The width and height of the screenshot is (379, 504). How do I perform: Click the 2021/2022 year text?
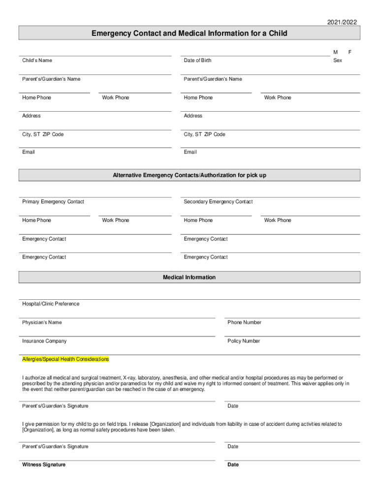(342, 22)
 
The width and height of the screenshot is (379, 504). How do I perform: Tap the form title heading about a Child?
(189, 33)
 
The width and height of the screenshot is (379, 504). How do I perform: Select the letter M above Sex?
(335, 52)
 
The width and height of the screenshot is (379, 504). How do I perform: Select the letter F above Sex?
(350, 52)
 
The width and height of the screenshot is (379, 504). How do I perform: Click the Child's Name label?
(37, 61)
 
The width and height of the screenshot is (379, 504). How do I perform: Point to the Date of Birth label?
(197, 61)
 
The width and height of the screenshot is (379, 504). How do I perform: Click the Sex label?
(337, 61)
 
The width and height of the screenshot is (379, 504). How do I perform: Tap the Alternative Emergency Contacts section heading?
(189, 175)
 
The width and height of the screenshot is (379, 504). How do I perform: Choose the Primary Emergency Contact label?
(53, 202)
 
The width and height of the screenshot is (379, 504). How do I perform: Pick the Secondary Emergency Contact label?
(218, 202)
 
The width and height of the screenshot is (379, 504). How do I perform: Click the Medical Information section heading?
(189, 278)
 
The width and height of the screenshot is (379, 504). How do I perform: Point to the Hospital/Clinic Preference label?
(51, 304)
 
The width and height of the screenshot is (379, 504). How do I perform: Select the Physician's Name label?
(42, 322)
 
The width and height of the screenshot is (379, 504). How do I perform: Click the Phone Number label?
(244, 322)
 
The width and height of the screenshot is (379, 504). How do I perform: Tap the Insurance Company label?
(44, 341)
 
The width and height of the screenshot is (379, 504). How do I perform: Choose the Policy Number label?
(244, 341)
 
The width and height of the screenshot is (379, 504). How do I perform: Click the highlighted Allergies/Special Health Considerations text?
(65, 359)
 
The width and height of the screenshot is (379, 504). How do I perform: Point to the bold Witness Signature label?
(44, 465)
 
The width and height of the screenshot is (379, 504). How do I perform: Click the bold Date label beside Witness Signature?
(233, 465)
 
